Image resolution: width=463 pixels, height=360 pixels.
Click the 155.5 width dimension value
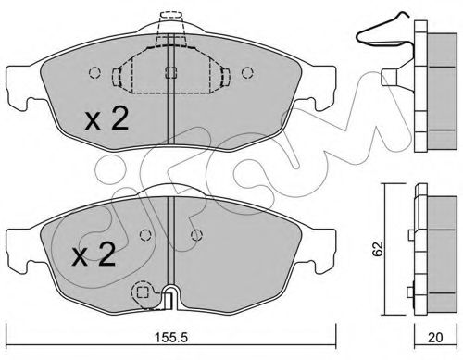pos(171,338)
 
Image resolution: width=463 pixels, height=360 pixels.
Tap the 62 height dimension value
pos(378,249)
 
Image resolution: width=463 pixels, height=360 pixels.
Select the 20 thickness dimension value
pos(435,338)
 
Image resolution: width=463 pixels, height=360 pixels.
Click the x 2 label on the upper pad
pos(106,119)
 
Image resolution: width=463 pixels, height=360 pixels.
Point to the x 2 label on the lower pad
pos(94,255)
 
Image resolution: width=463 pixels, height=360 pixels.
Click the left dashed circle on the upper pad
pos(94,73)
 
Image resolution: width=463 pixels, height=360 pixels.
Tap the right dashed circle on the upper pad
pos(247,73)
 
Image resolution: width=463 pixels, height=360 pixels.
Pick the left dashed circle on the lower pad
pos(145,236)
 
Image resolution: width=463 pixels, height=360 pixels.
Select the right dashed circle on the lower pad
pos(196,236)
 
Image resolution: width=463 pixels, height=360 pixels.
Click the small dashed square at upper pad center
pos(170,73)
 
